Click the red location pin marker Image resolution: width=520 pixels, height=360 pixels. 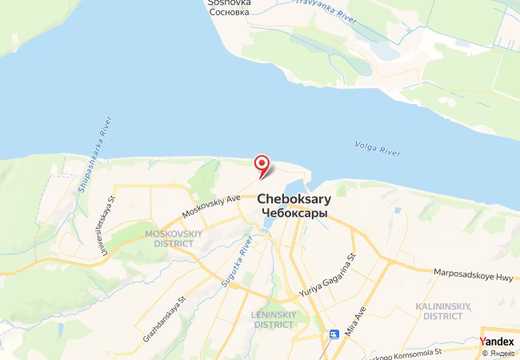(x=262, y=165)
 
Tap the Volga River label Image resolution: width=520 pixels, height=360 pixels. (x=376, y=146)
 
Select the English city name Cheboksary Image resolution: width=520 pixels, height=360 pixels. (x=294, y=199)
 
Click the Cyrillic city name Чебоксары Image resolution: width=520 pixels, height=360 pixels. (x=294, y=213)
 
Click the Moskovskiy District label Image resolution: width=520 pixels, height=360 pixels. (x=169, y=238)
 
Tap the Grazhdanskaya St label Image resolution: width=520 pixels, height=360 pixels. (x=165, y=319)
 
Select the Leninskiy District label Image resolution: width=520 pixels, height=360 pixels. (x=274, y=318)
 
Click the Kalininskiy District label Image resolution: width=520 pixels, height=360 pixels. (x=444, y=310)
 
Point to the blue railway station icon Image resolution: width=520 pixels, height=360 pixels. (x=334, y=334)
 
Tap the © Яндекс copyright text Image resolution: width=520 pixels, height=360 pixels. (x=498, y=353)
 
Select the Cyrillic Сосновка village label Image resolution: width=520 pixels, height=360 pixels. (x=229, y=13)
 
